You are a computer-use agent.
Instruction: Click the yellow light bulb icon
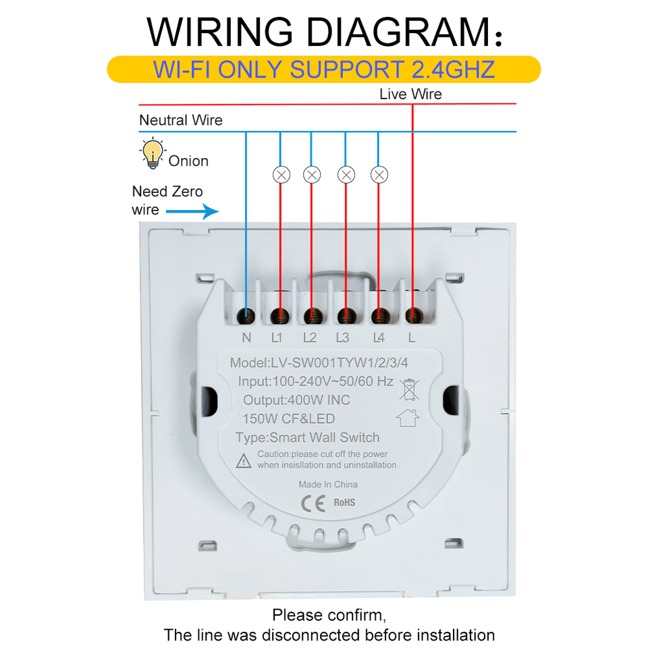tap(153, 153)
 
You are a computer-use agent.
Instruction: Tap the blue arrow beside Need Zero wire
tap(192, 211)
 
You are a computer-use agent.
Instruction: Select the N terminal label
tap(246, 337)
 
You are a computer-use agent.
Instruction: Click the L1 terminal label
tap(277, 337)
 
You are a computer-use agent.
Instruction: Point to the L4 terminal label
tap(379, 337)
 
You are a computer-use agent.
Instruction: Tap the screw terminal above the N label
tap(246, 316)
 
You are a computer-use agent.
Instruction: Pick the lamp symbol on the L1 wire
tap(281, 175)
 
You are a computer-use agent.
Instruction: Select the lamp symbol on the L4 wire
tap(379, 175)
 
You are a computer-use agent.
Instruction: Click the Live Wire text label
tap(410, 94)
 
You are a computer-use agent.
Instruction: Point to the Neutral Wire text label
tap(181, 120)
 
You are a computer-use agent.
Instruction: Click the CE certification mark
tap(313, 503)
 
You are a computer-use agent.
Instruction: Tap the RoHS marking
tap(344, 502)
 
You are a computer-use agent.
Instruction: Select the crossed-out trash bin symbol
tap(409, 389)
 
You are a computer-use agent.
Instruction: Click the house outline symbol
tap(408, 417)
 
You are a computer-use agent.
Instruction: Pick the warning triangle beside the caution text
tap(244, 460)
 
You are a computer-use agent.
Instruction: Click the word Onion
tap(188, 161)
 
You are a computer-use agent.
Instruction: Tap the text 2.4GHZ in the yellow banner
tap(454, 70)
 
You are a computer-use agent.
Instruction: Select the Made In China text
tap(328, 485)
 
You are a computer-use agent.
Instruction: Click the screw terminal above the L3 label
tap(347, 316)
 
